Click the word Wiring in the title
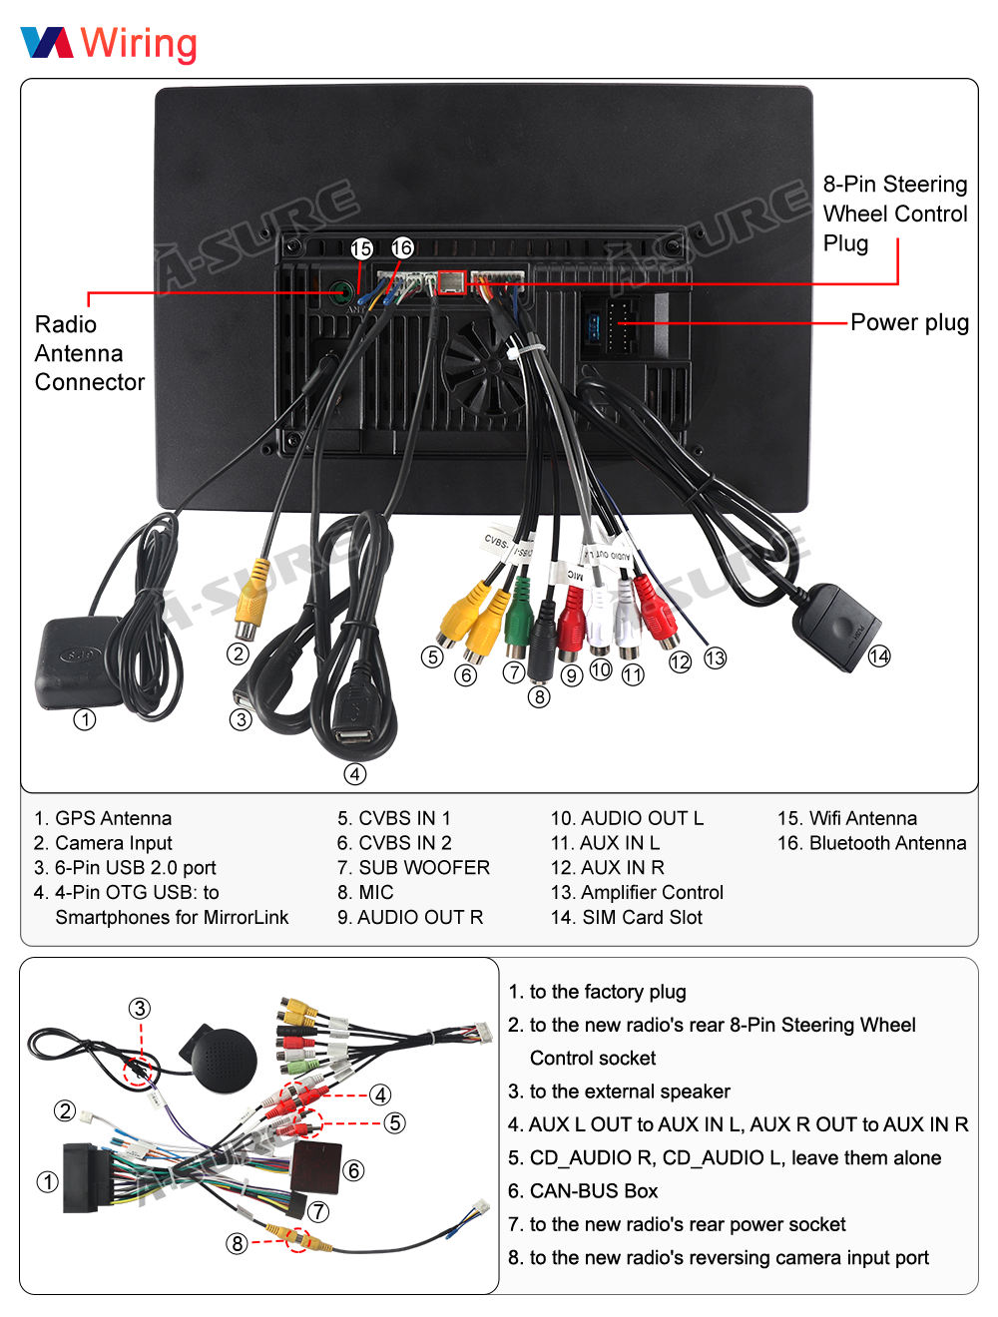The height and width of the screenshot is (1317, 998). [x=139, y=44]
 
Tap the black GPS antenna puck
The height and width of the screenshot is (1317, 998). [x=79, y=662]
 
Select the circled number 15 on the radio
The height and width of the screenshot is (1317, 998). [x=361, y=248]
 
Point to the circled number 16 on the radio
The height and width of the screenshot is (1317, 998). [x=402, y=247]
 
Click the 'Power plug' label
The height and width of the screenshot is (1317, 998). [x=909, y=322]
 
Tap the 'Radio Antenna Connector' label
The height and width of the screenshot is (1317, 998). [x=88, y=353]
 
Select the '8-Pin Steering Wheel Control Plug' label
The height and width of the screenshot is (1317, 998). [x=895, y=214]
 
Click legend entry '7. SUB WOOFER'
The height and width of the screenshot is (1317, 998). [x=413, y=868]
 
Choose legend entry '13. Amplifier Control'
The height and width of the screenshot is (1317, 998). [x=637, y=893]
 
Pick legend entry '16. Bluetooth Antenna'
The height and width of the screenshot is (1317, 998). [x=871, y=843]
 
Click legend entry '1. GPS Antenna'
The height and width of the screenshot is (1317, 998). [x=103, y=818]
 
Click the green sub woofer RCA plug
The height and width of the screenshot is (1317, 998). [x=517, y=621]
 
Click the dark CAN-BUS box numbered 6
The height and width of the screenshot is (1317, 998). [x=317, y=1167]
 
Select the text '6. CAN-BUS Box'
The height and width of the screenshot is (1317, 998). [x=583, y=1191]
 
